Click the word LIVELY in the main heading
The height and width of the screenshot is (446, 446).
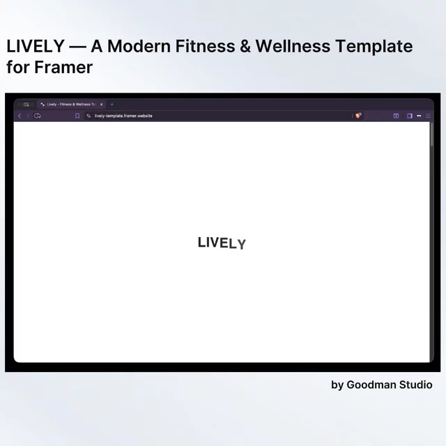(36, 46)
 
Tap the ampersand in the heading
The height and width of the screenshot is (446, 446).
(245, 46)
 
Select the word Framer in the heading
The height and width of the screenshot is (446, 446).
(63, 68)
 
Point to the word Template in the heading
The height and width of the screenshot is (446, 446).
(374, 47)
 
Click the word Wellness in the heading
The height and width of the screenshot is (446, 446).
(293, 46)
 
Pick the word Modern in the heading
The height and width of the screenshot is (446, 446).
(139, 46)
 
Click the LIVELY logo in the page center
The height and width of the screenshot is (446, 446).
(222, 243)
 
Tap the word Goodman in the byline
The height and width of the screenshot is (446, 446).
(371, 385)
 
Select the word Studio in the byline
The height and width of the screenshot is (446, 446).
(416, 385)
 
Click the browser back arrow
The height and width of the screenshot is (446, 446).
(20, 116)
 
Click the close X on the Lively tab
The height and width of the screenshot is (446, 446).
(102, 105)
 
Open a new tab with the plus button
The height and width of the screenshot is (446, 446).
(111, 105)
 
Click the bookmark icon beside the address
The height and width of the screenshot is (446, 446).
(77, 116)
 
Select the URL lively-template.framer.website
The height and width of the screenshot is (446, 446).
(123, 116)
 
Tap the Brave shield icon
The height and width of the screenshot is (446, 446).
(358, 116)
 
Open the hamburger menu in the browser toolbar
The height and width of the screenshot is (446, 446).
(428, 116)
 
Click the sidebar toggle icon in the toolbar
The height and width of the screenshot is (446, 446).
(410, 116)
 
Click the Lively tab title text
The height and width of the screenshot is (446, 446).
(71, 105)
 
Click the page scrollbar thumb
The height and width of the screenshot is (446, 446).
(432, 134)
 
